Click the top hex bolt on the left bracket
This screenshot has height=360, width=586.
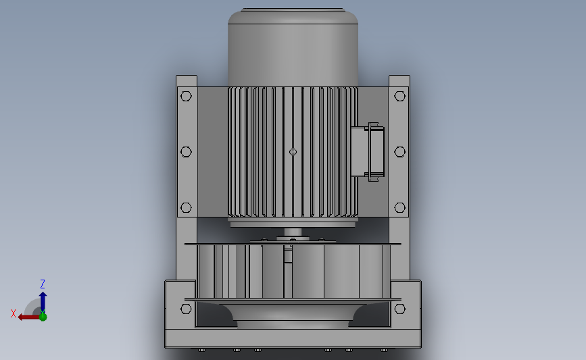tap(187, 95)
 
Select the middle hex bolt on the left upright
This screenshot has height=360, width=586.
tap(187, 152)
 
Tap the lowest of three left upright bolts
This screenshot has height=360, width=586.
tap(187, 208)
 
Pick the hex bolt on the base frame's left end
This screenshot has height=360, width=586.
tap(187, 309)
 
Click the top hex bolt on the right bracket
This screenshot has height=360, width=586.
tap(399, 95)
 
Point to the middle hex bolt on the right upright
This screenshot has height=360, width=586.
tap(399, 152)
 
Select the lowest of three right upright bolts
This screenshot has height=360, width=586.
tap(399, 208)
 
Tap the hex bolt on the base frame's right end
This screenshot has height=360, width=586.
tap(399, 309)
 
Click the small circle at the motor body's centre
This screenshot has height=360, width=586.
tap(293, 152)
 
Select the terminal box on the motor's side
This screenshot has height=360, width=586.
tap(368, 152)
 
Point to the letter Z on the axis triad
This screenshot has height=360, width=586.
tap(43, 284)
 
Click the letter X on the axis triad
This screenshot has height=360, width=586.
tap(14, 313)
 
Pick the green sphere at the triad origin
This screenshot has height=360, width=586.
tap(43, 316)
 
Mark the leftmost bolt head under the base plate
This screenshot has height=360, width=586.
tap(201, 350)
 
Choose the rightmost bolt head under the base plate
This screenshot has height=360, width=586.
tap(384, 350)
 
